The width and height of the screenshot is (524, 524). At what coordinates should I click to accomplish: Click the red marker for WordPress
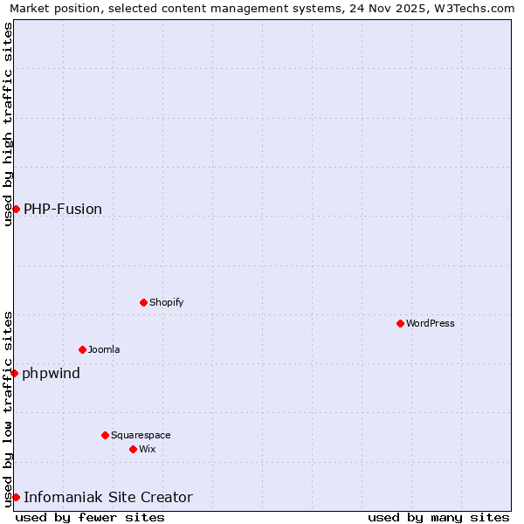point(400,323)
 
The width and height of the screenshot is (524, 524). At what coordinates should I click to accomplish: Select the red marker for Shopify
point(143,302)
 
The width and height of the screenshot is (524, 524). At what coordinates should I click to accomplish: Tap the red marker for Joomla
point(82,349)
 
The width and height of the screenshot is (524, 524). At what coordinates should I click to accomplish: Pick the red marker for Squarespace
point(105,435)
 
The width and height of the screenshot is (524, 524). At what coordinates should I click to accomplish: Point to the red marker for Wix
point(133,449)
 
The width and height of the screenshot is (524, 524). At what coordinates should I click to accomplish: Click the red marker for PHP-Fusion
point(16,209)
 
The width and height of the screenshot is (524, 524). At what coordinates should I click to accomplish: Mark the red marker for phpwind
point(14,373)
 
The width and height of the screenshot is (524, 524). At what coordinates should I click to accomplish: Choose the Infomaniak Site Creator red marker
point(16,497)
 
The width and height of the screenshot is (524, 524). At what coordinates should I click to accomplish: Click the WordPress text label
point(431,323)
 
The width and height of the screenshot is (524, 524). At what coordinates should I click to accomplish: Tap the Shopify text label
point(167,302)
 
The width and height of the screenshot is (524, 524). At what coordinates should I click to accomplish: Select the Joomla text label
point(104,349)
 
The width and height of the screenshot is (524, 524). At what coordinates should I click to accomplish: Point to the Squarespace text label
point(141,435)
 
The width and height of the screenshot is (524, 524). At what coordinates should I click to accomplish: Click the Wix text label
point(148,449)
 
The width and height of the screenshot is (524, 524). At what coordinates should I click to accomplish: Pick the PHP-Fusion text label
point(63,209)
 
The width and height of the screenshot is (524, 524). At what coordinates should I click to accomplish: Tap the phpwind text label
point(52,374)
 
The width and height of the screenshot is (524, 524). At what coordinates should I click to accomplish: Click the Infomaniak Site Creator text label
point(108,498)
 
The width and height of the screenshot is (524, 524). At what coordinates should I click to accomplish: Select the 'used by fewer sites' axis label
point(90,517)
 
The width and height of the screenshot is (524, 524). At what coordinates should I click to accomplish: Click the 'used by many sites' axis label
point(438,517)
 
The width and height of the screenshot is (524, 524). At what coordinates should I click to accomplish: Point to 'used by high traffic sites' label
point(8,124)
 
